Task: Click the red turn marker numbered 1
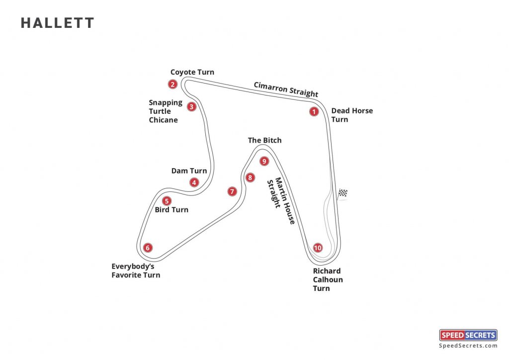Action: coord(314,112)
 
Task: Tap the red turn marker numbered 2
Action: coord(172,84)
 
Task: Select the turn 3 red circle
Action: coord(192,106)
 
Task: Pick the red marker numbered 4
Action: coord(194,182)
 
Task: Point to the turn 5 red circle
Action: coord(167,201)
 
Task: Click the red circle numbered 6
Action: coord(147,248)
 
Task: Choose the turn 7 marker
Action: coord(232,191)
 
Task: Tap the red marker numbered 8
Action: coord(250,178)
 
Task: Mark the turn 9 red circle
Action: coord(264,161)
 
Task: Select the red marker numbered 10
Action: coord(318,248)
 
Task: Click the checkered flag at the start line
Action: coord(343,193)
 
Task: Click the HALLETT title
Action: coord(57,23)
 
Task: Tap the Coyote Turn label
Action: coord(192,72)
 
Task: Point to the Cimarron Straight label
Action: coord(286,89)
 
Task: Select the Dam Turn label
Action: coord(189,171)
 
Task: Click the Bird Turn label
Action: coord(171,210)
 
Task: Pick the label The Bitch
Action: coord(264,140)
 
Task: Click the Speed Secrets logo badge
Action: coord(468,335)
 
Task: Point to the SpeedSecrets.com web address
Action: coord(468,346)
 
